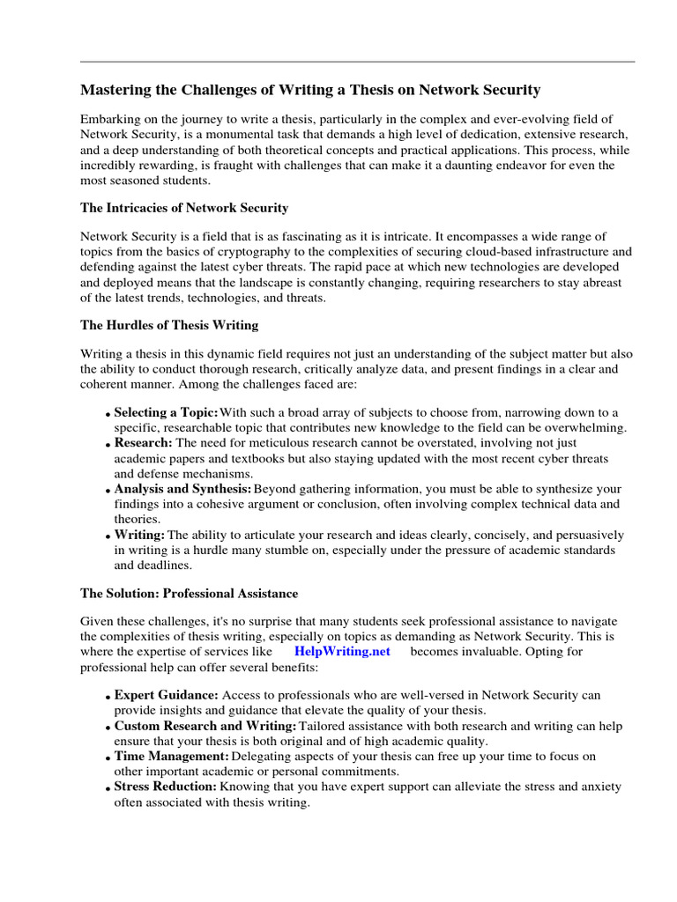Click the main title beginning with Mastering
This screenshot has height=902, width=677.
coord(310,90)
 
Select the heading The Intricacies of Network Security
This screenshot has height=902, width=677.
coord(184,208)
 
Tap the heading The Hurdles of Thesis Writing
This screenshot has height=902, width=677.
coord(169,325)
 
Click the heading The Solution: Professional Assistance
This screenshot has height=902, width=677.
coord(189,594)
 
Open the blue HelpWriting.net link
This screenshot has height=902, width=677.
coord(342,652)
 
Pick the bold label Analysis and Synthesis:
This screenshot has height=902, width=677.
coord(182,488)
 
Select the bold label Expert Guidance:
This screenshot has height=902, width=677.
coord(166,694)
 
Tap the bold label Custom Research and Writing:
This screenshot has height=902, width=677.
coord(205,726)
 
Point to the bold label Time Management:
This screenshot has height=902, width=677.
coord(172,757)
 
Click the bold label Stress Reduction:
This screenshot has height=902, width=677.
coord(165,787)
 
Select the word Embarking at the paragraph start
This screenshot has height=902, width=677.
coord(111,119)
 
